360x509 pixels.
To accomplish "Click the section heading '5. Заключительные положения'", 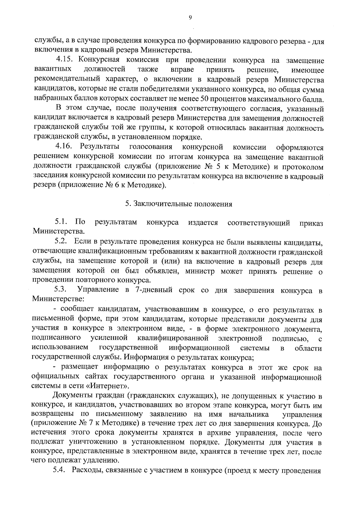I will (x=179, y=204).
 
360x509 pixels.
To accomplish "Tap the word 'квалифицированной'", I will (x=173, y=339).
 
